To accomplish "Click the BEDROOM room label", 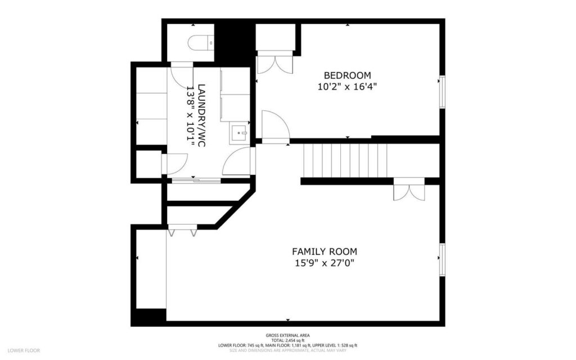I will (x=347, y=75).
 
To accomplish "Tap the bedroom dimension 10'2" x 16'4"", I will (x=347, y=87).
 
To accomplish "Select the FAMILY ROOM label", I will (x=324, y=251).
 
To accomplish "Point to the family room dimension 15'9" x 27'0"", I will (x=324, y=263).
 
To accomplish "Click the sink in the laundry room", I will (x=240, y=133).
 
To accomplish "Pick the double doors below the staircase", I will (x=409, y=191).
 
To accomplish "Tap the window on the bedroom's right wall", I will (x=442, y=91).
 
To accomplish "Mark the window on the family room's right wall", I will (x=442, y=259).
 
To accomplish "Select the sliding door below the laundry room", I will (x=196, y=181).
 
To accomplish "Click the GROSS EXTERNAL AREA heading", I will (x=287, y=335).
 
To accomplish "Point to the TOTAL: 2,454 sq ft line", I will (x=287, y=340).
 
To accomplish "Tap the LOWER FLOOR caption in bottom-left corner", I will (x=24, y=350).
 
